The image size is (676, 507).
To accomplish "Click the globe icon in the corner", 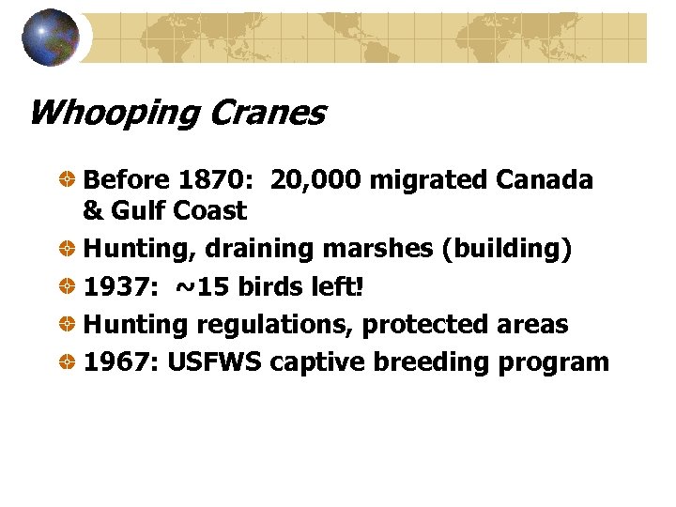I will point(49,37).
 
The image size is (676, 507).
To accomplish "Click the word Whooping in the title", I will point(112,114).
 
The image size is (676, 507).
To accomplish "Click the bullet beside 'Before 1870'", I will point(69,179).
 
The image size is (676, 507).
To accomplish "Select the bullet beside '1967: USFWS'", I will point(69,361).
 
